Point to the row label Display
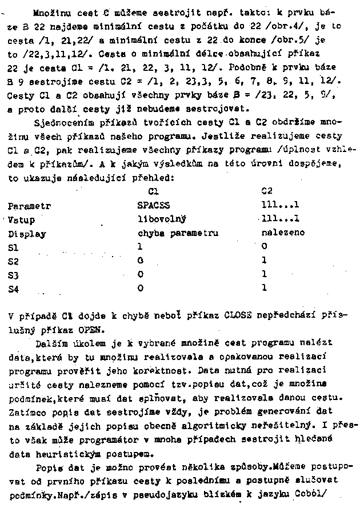[x=27, y=233]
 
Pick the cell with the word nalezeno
[x=283, y=233]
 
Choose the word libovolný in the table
[x=162, y=218]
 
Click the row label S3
[x=13, y=275]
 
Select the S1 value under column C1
[x=140, y=247]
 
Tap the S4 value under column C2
[x=264, y=289]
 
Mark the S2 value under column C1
[x=140, y=261]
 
